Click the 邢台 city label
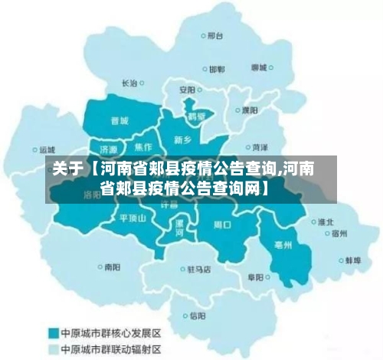tap(215, 35)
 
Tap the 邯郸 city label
tap(218, 69)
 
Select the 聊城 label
tap(260, 67)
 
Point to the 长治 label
tap(130, 83)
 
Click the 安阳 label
tap(188, 90)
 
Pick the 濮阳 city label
tap(250, 110)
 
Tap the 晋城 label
tap(119, 120)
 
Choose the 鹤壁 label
tap(197, 117)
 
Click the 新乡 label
tap(182, 140)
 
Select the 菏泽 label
tap(259, 146)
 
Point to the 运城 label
tap(47, 150)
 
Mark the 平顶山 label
tap(132, 218)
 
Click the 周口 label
tap(222, 225)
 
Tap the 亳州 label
tap(282, 246)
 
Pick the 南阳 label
tap(112, 267)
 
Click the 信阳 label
tap(198, 315)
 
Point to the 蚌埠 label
tap(352, 260)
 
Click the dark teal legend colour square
tap(54, 333)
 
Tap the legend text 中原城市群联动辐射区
tap(111, 349)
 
